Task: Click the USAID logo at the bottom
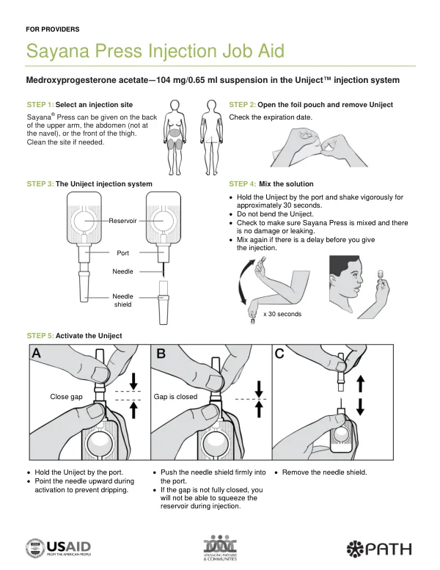click(58, 548)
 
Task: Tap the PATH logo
click(379, 549)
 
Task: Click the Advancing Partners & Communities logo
click(220, 547)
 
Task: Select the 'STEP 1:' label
click(40, 105)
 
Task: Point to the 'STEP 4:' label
click(242, 184)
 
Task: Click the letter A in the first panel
click(37, 353)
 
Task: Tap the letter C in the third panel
click(279, 354)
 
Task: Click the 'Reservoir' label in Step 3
click(122, 221)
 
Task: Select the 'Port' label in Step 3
click(122, 253)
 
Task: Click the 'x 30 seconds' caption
click(282, 314)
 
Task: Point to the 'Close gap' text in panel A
click(66, 397)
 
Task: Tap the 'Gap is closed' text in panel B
click(175, 397)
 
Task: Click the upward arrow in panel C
click(360, 384)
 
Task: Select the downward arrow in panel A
click(133, 381)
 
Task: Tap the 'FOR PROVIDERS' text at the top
click(53, 29)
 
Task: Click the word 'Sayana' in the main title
click(58, 51)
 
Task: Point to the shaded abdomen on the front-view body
click(175, 133)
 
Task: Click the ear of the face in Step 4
click(334, 280)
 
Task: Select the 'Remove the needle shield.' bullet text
click(324, 472)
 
